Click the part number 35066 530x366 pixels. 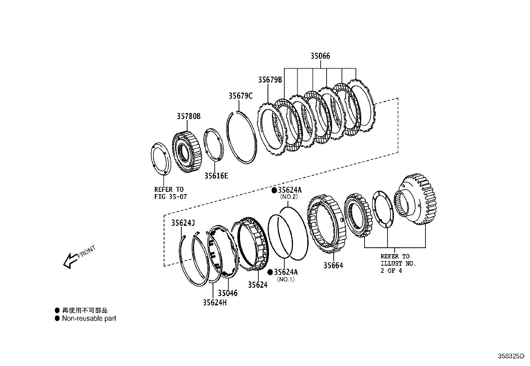coord(320,56)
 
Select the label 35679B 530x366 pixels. coord(270,80)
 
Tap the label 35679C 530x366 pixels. coord(240,96)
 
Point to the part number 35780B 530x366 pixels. coord(188,116)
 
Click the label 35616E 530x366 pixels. coord(216,176)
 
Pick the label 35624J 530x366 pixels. coord(183,223)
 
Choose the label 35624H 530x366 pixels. coord(215,302)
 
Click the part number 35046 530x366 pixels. coord(228,293)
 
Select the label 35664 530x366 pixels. coord(333,265)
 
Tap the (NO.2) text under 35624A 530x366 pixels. coord(288,197)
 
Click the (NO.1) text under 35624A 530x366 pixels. coord(286,280)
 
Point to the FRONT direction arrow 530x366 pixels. coord(70,260)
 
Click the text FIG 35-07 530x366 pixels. coord(170,197)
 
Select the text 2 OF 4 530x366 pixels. coord(391,271)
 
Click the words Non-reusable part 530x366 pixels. coord(89,318)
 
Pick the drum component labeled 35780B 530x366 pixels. coord(187,152)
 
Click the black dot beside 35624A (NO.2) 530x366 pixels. coord(274,190)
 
